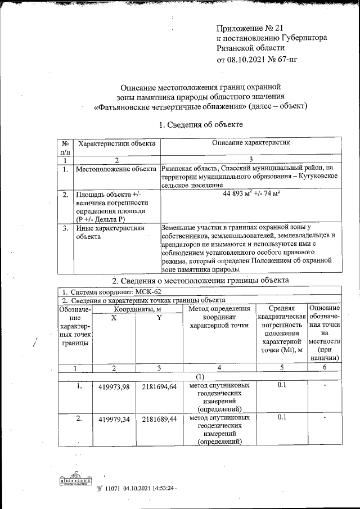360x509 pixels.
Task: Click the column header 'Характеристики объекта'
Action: (116, 144)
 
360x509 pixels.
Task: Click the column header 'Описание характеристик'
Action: (251, 144)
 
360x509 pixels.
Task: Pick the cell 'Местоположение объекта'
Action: (116, 168)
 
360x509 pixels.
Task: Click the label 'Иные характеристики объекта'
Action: (111, 232)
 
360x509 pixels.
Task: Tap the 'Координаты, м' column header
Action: (137, 308)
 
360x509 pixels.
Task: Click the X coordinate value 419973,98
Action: (114, 386)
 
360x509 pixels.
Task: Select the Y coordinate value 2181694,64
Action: (159, 386)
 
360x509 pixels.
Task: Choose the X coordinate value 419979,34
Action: (114, 420)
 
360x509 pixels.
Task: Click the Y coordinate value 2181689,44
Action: (159, 420)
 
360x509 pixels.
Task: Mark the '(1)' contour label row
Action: (200, 376)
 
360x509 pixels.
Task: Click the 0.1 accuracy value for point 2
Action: (282, 417)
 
